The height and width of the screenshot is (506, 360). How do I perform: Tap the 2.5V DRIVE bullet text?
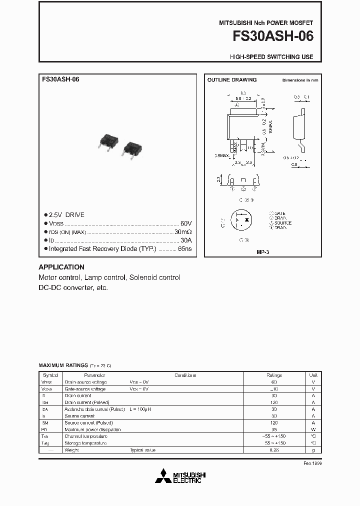[x=66, y=214]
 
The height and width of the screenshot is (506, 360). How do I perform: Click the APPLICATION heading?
[x=61, y=267]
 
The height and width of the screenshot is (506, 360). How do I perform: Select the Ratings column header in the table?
[x=274, y=375]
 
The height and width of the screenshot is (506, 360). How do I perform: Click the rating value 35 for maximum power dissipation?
[x=274, y=429]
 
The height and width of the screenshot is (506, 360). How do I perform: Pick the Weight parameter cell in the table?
[x=71, y=450]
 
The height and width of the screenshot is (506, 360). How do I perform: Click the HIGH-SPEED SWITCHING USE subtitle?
[x=271, y=57]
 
